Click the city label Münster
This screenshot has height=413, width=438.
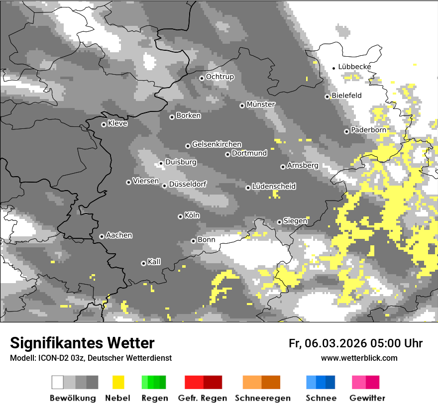click(x=261, y=104)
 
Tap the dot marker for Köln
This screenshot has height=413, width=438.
click(x=180, y=216)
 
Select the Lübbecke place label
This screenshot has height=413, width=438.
click(x=354, y=67)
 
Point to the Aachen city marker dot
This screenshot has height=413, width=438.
click(x=102, y=236)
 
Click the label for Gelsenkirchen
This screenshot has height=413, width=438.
click(x=217, y=144)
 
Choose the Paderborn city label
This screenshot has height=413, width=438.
click(x=368, y=130)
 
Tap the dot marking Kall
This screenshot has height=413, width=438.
click(x=143, y=263)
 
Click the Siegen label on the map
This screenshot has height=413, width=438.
click(x=295, y=220)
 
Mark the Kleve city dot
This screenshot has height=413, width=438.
click(x=104, y=124)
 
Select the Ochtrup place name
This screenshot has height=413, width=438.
click(x=219, y=77)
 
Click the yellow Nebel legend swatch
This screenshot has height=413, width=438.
click(x=118, y=382)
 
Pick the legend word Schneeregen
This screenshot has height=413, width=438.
click(x=262, y=398)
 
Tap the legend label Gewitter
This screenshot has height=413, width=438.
click(x=367, y=398)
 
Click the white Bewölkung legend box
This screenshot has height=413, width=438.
click(x=58, y=382)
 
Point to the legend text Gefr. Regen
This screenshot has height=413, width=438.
click(x=202, y=398)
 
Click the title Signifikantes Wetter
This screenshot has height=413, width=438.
click(x=82, y=343)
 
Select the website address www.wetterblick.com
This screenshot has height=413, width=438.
click(x=359, y=358)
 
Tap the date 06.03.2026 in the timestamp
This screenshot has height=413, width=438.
click(x=336, y=343)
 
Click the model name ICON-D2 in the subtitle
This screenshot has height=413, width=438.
click(x=52, y=358)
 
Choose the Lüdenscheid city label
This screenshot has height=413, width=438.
click(x=274, y=186)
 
